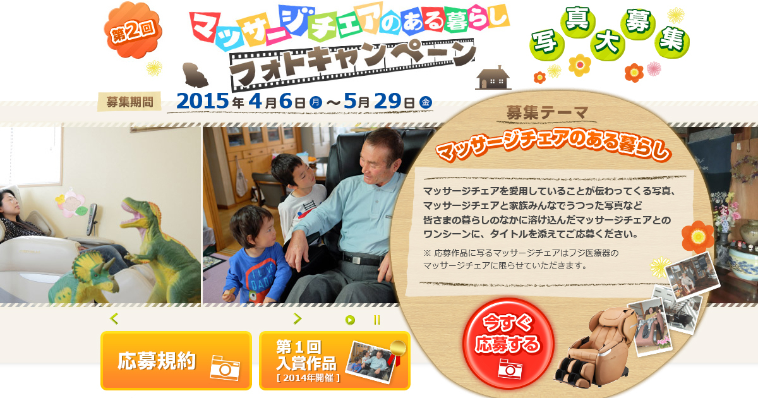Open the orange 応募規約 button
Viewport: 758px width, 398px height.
[176, 361]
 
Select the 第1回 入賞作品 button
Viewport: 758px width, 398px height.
[335, 361]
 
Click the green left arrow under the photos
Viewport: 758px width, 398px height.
[114, 318]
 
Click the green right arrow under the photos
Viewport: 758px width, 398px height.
[298, 318]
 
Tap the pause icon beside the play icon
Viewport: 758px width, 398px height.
[377, 320]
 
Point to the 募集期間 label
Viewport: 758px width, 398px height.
[129, 102]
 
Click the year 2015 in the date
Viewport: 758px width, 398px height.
[202, 101]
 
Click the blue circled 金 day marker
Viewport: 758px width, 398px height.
[426, 102]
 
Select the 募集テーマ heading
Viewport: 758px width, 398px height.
[546, 112]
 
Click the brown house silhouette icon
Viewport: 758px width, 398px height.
[493, 78]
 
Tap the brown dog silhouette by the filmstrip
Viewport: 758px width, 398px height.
[195, 75]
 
